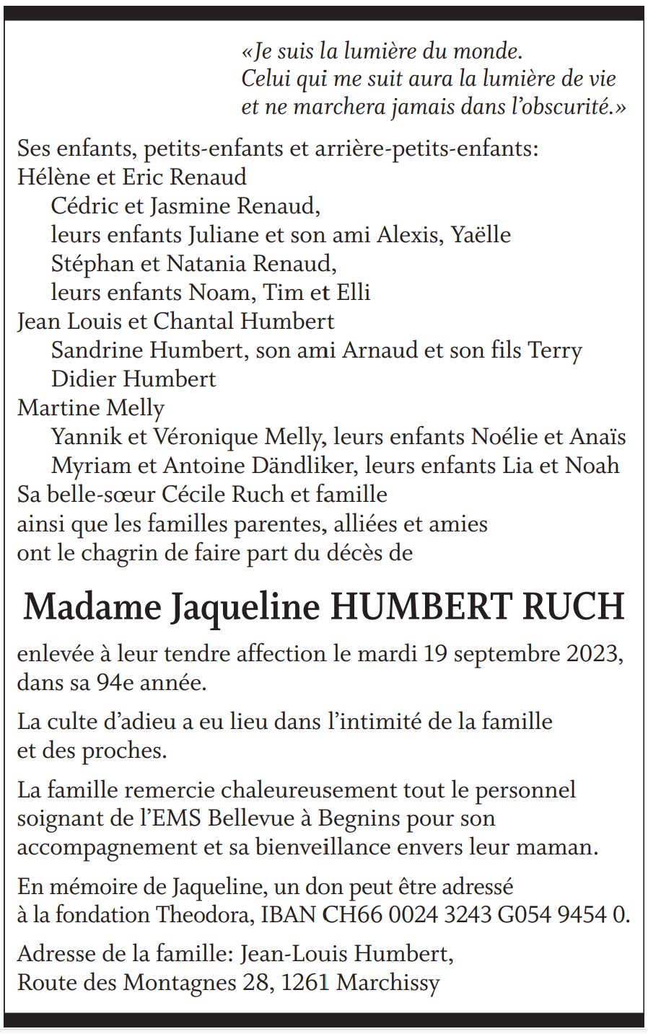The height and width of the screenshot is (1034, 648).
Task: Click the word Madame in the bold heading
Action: point(92,608)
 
